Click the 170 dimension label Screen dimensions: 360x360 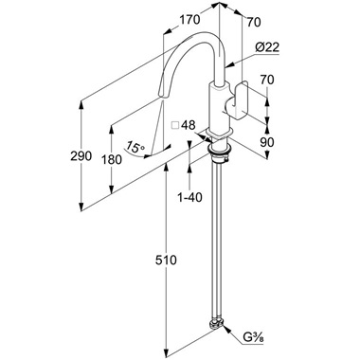click(189, 20)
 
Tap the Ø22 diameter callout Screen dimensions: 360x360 click(267, 47)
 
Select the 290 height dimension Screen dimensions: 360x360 click(81, 156)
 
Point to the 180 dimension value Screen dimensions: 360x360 click(111, 160)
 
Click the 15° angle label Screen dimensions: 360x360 click(135, 147)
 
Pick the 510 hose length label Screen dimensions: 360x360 click(166, 261)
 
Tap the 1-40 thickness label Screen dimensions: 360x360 click(189, 198)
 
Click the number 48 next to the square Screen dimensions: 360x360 click(189, 125)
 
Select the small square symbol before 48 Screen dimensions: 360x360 click(175, 125)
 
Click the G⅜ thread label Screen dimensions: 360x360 click(253, 338)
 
